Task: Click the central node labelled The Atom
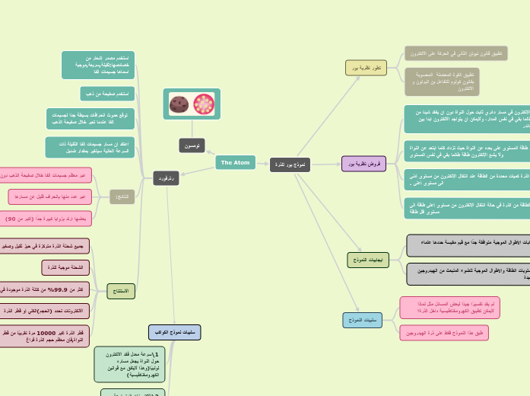235,162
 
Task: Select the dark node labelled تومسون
192,145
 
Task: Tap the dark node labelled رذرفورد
166,178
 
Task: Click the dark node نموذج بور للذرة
290,164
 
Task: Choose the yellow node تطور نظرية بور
366,68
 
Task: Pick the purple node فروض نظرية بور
363,164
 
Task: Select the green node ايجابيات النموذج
368,260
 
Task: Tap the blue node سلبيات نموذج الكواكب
174,332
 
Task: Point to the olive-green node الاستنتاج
121,291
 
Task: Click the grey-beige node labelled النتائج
122,196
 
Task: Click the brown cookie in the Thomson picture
179,104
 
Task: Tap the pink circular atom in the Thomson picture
204,104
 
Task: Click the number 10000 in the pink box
46,333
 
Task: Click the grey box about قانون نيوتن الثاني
456,54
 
